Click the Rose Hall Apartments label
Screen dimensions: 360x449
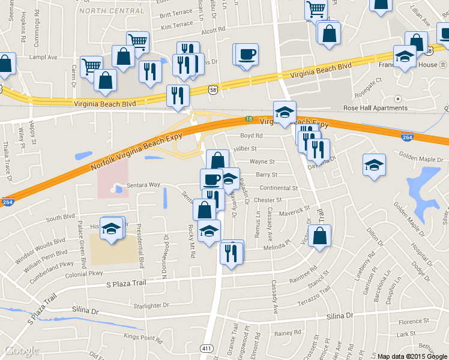click(375, 108)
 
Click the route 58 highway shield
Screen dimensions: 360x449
click(212, 89)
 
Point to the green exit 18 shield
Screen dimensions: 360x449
click(249, 120)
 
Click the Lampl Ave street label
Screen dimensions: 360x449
click(44, 58)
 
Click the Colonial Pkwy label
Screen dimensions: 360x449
click(88, 274)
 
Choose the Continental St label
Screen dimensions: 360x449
click(278, 188)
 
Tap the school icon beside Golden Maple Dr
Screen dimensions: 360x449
click(373, 165)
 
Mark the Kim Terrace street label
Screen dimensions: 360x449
click(177, 25)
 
